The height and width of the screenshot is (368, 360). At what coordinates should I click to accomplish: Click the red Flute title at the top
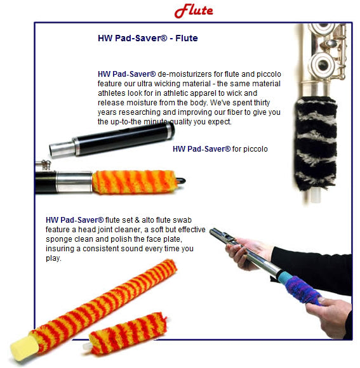click(x=194, y=11)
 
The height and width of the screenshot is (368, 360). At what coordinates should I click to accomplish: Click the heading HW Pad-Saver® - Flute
click(x=148, y=38)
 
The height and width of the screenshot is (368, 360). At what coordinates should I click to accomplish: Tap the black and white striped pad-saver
click(x=316, y=143)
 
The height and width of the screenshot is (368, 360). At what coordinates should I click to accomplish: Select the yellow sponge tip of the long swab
click(x=24, y=347)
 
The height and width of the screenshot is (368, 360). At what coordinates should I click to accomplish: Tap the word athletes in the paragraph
click(x=112, y=93)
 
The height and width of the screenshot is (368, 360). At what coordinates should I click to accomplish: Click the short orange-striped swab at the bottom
click(x=129, y=333)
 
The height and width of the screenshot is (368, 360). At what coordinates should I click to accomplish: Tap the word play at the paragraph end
click(x=53, y=258)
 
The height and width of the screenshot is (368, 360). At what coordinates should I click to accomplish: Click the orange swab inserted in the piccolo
click(x=134, y=182)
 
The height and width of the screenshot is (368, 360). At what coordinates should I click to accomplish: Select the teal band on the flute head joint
click(x=284, y=278)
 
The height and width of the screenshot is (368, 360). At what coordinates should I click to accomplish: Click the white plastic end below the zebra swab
click(x=316, y=195)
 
